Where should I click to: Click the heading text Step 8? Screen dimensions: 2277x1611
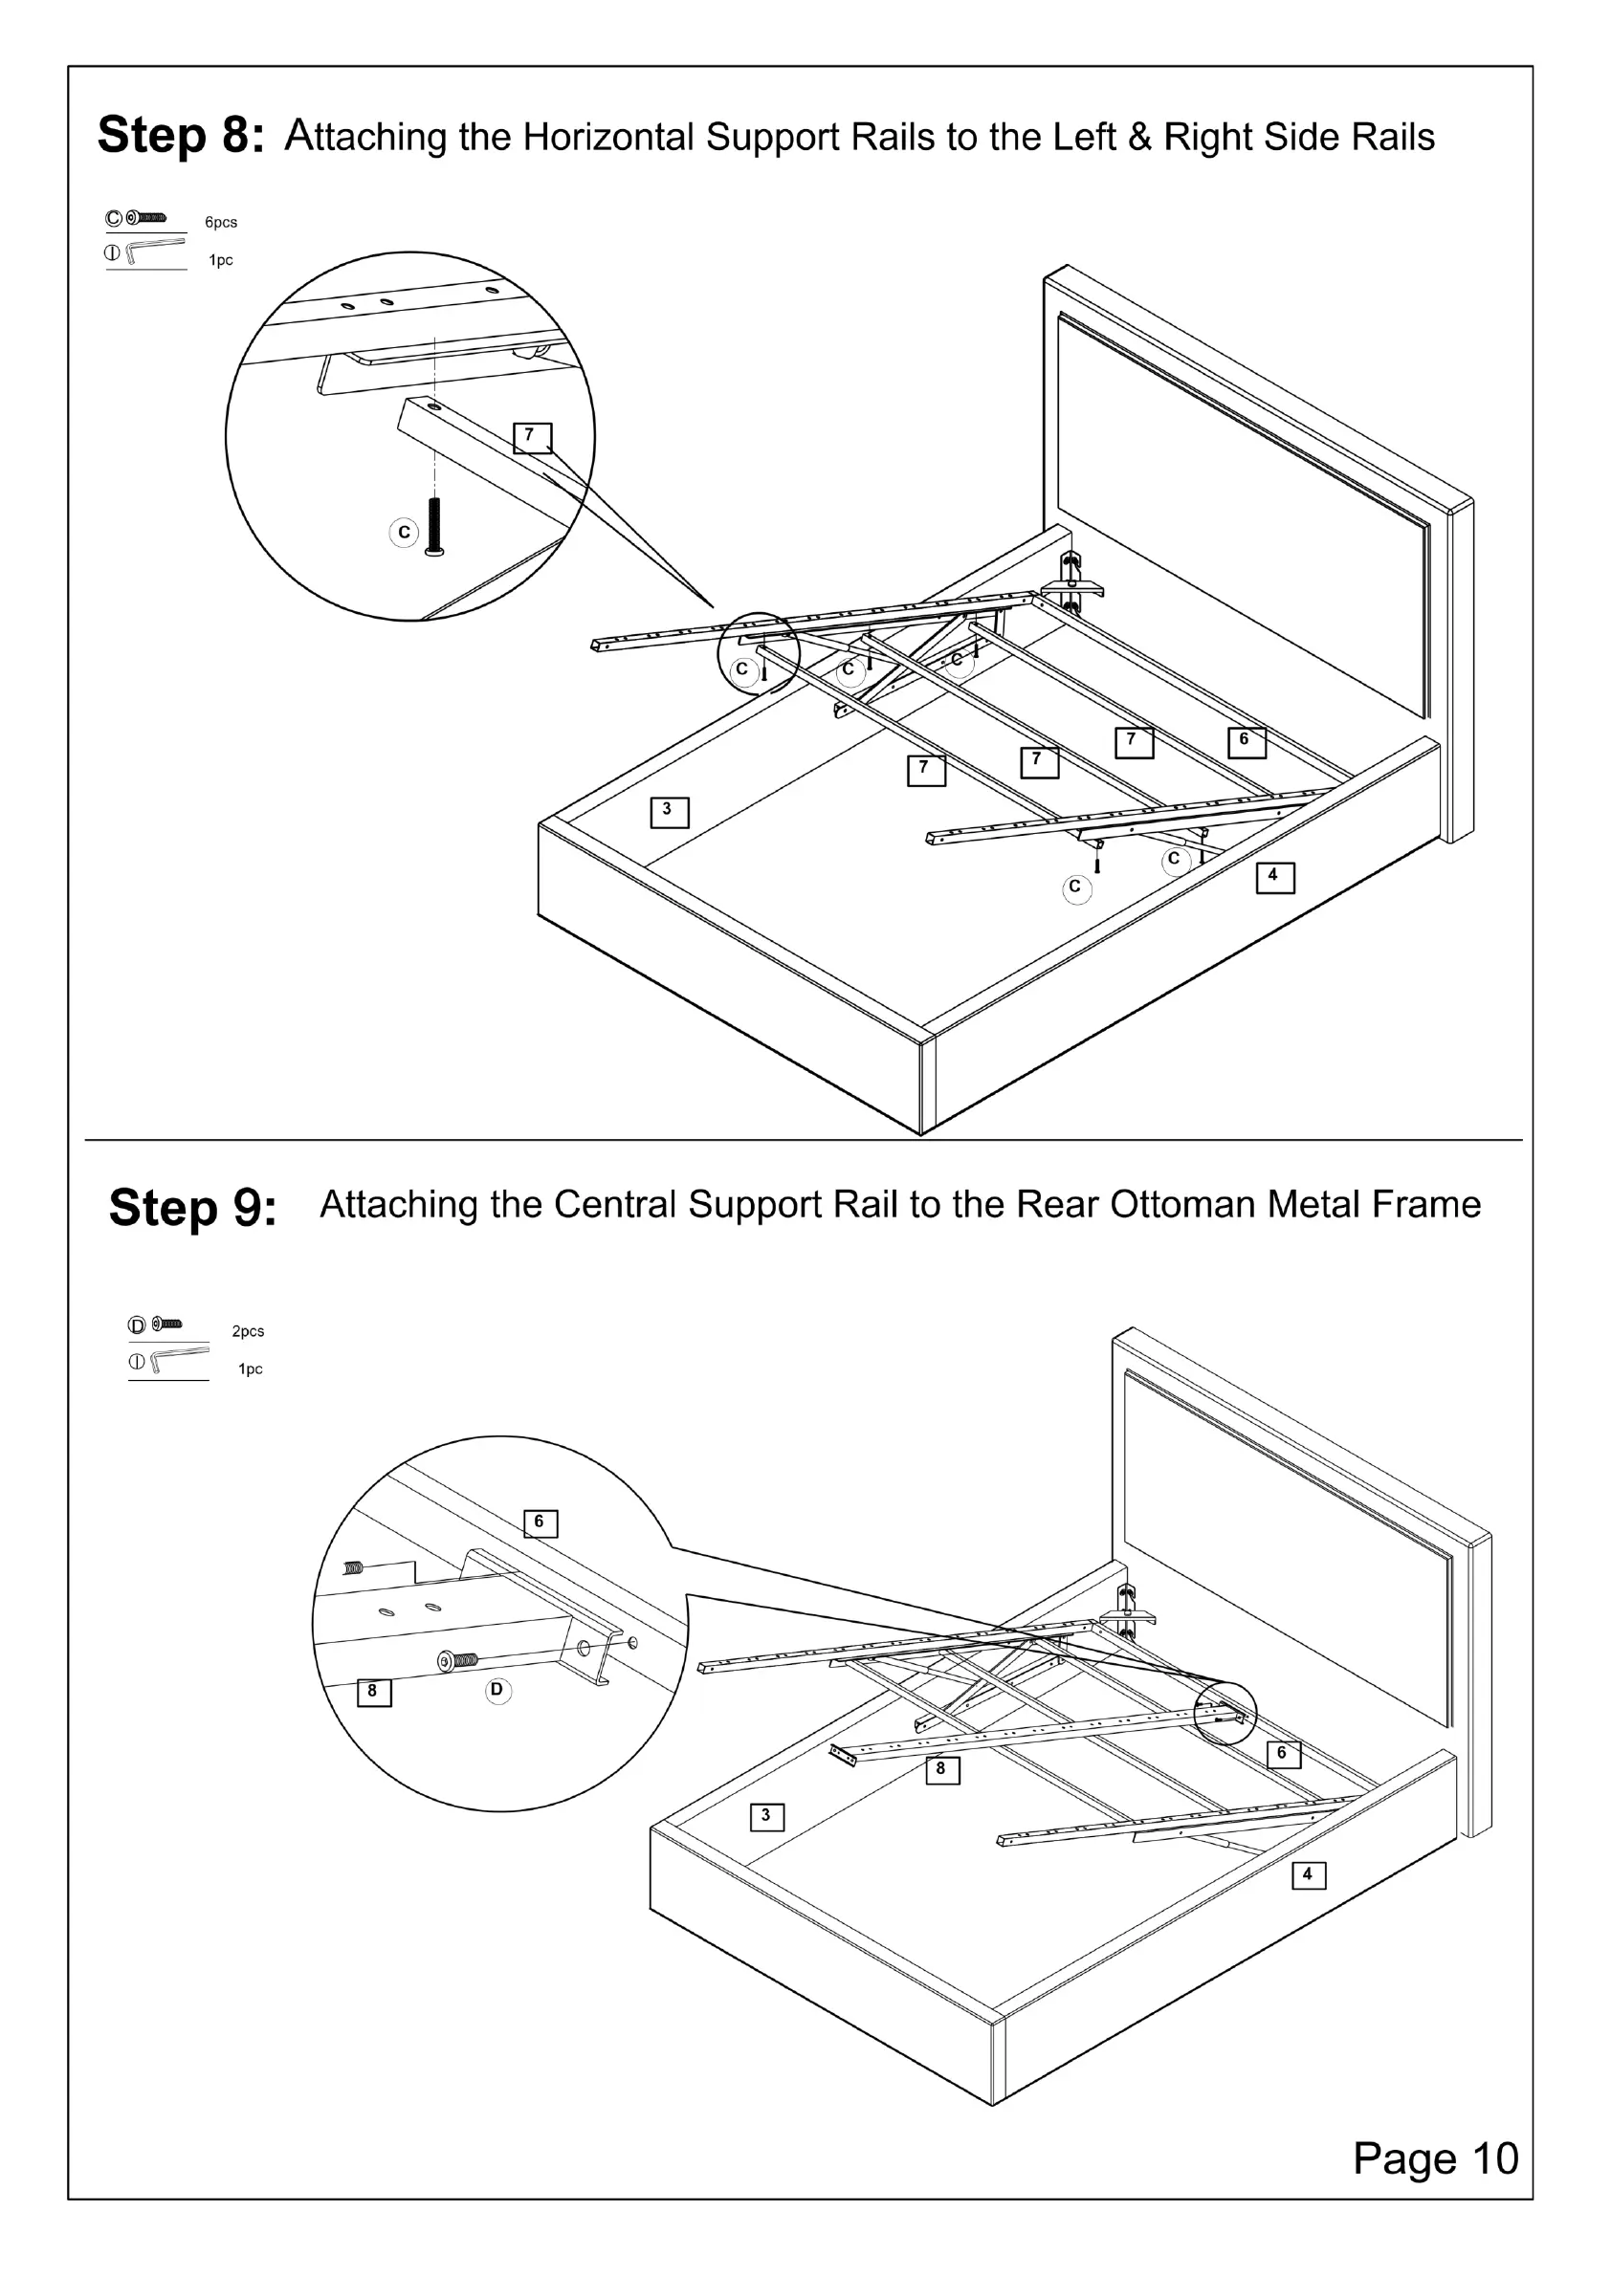(x=181, y=136)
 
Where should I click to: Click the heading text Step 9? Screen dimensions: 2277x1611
(x=192, y=1208)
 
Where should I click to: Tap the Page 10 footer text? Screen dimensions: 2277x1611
(x=1434, y=2159)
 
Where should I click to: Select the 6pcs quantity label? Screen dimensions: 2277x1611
(x=221, y=222)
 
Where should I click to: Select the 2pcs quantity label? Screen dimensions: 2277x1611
(x=248, y=1332)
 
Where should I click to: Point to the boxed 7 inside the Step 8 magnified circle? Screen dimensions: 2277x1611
(x=532, y=436)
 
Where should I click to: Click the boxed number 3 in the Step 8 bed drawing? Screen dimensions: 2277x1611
(x=669, y=811)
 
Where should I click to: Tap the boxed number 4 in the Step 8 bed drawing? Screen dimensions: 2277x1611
(x=1274, y=877)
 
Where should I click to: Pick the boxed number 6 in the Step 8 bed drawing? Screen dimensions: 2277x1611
(x=1246, y=741)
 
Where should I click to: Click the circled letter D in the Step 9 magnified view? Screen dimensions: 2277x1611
(x=498, y=1690)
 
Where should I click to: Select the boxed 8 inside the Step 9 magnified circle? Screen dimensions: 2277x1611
(x=374, y=1692)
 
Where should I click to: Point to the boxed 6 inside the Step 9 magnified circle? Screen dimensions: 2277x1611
(x=541, y=1522)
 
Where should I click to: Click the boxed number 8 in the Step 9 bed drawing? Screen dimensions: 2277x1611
(x=942, y=1769)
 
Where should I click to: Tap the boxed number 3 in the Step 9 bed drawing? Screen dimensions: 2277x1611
(x=767, y=1817)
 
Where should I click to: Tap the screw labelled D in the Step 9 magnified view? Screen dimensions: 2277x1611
(x=459, y=1660)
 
